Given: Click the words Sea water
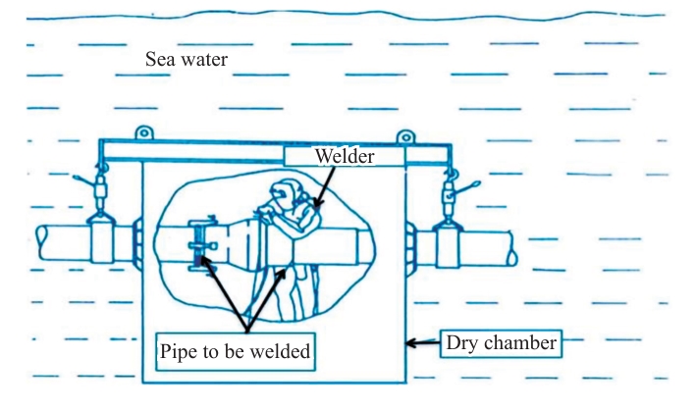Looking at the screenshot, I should (x=187, y=61).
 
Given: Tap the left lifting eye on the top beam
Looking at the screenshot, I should (x=143, y=132).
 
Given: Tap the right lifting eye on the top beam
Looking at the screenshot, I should (x=403, y=135).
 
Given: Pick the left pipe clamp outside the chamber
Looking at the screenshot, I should (x=102, y=238).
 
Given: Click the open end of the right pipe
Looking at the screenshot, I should (x=511, y=245).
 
